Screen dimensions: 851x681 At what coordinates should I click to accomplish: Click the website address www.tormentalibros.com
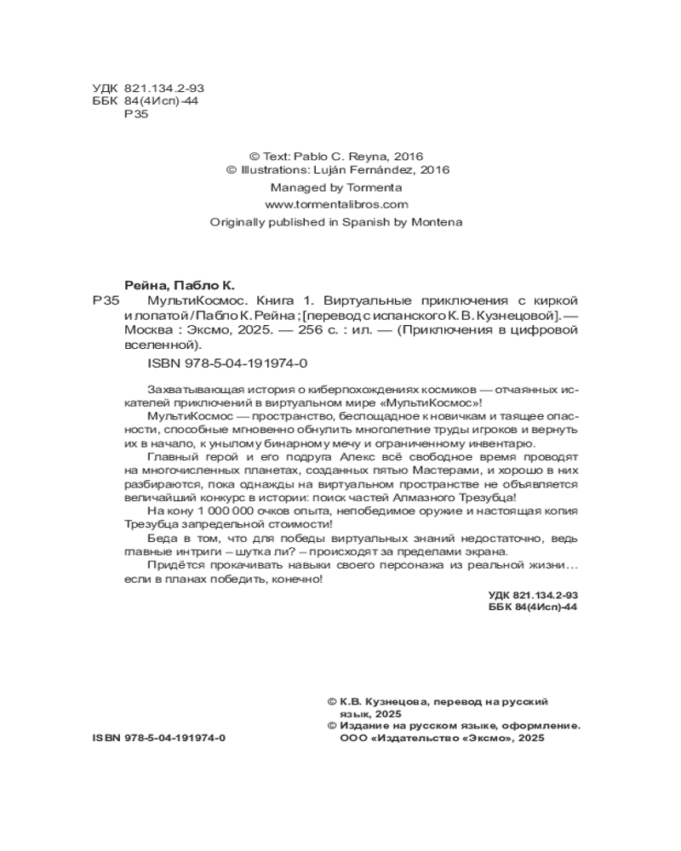[336, 204]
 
